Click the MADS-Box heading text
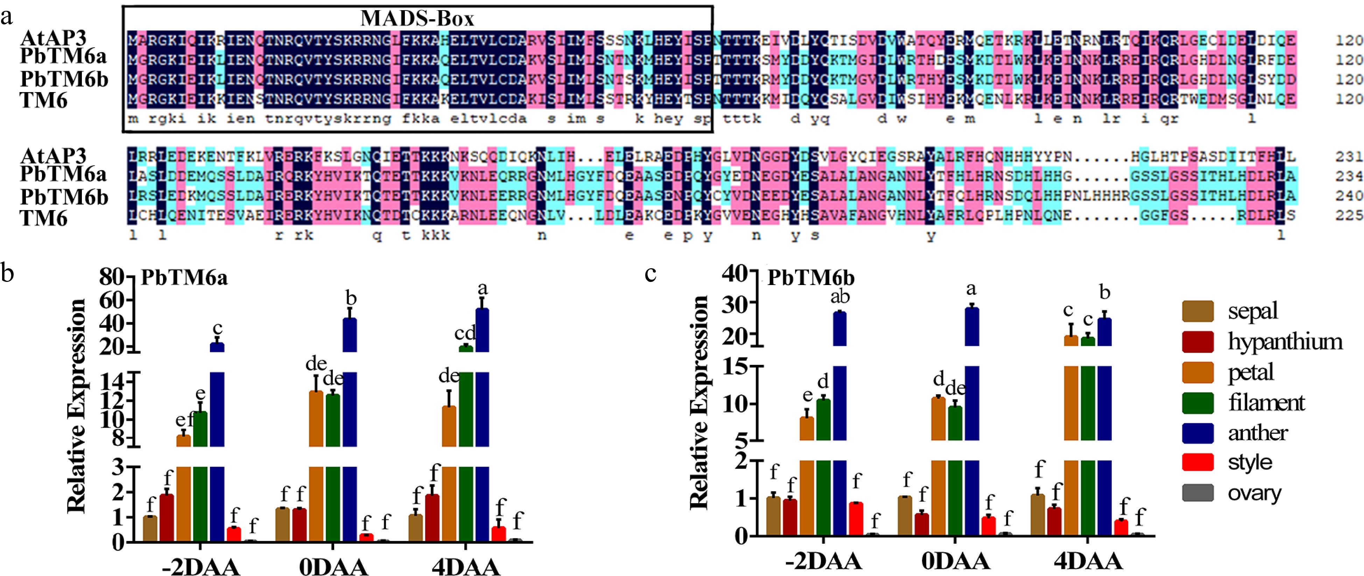pyautogui.click(x=417, y=19)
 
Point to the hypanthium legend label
pyautogui.click(x=1285, y=342)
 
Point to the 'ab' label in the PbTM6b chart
pyautogui.click(x=840, y=297)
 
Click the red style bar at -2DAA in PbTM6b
pyautogui.click(x=856, y=518)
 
